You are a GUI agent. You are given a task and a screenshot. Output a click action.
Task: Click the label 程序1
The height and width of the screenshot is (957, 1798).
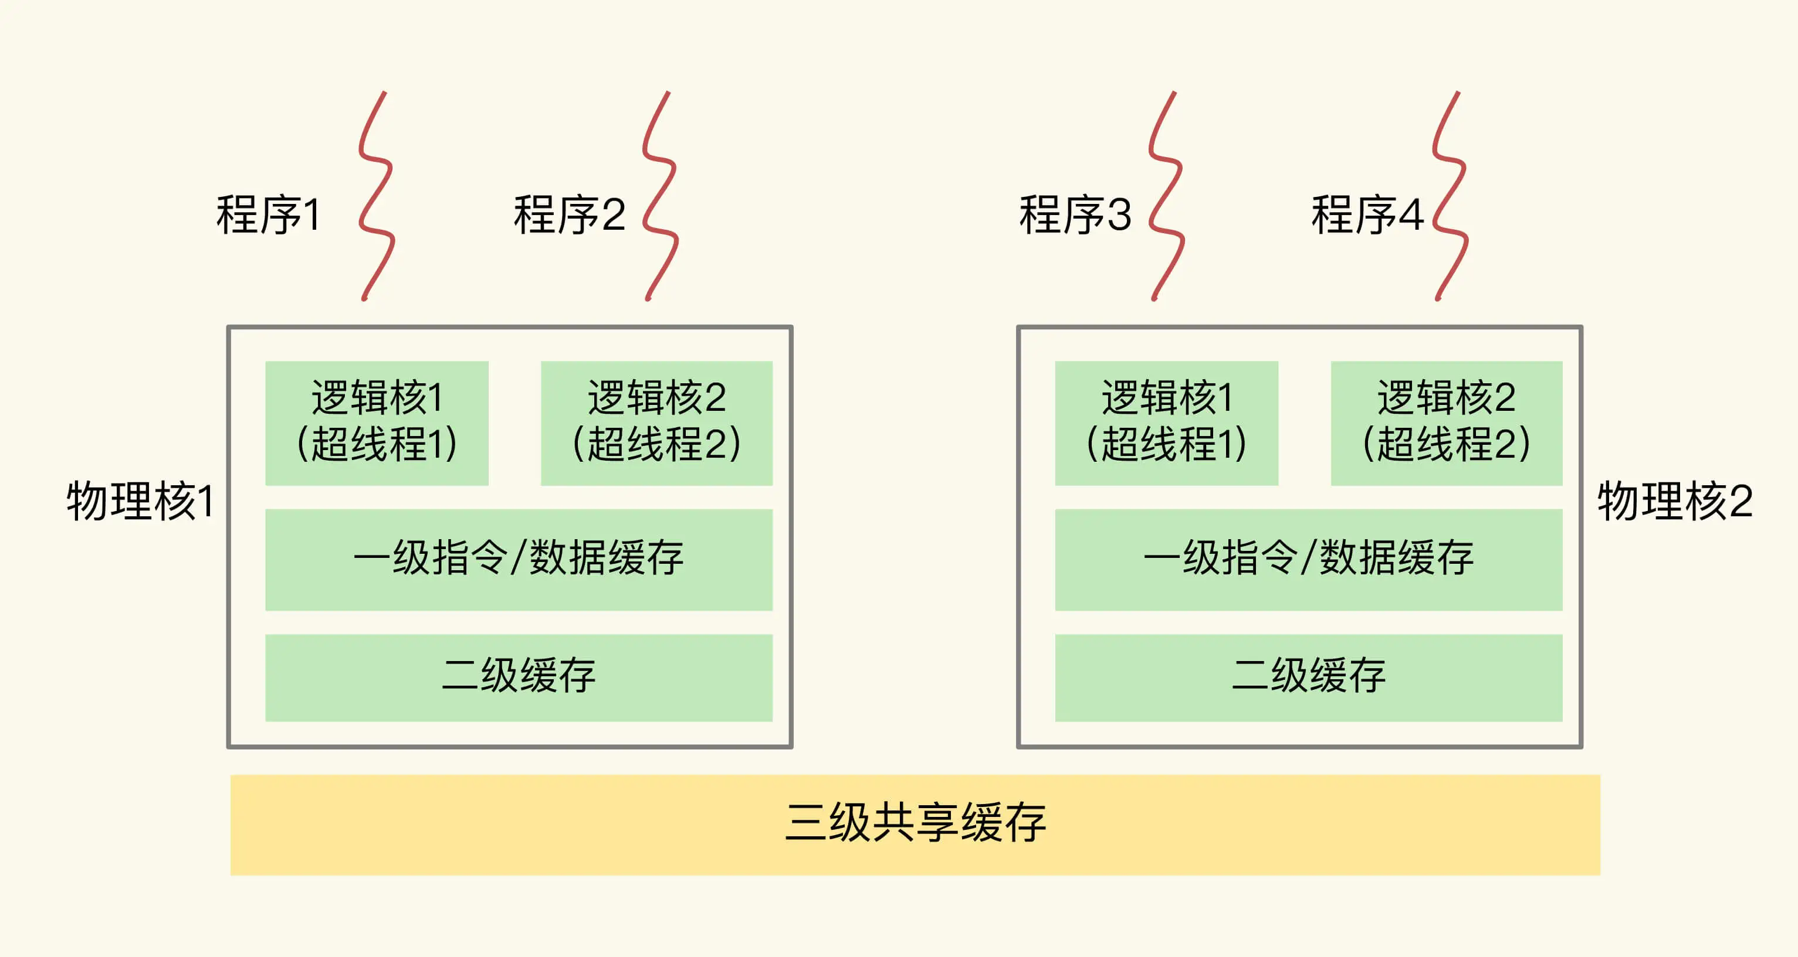(269, 215)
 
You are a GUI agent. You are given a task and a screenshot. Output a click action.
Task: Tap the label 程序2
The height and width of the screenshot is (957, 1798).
(569, 215)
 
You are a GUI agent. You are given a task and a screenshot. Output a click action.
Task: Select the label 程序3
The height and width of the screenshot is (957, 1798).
(1075, 215)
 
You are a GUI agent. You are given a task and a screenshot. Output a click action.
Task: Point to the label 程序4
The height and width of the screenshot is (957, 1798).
(1367, 215)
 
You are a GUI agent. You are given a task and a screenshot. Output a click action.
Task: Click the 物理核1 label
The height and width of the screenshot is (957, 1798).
(140, 501)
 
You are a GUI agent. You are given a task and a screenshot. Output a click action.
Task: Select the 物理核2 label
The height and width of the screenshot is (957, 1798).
(1675, 501)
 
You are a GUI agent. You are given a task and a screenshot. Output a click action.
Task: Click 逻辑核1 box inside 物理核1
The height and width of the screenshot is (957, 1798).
(377, 423)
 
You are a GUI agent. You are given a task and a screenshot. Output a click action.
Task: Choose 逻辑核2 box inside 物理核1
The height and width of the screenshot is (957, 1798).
(656, 423)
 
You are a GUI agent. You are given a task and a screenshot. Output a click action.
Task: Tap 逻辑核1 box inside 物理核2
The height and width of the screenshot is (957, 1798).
(1166, 423)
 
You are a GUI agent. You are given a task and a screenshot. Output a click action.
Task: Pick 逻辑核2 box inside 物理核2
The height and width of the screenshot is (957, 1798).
(1446, 423)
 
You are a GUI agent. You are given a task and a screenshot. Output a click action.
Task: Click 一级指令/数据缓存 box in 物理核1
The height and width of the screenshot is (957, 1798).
(519, 560)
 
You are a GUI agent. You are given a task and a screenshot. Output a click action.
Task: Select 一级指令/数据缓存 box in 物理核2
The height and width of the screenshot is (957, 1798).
(1308, 560)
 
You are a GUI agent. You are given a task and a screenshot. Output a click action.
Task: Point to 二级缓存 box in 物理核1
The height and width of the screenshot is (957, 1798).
(519, 677)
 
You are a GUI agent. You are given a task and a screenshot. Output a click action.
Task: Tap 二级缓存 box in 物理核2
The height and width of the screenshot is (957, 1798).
(1308, 677)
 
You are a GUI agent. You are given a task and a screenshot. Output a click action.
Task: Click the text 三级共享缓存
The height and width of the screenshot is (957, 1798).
(915, 823)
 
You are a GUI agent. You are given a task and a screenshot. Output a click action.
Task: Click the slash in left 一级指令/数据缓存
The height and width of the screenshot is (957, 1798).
(517, 558)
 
